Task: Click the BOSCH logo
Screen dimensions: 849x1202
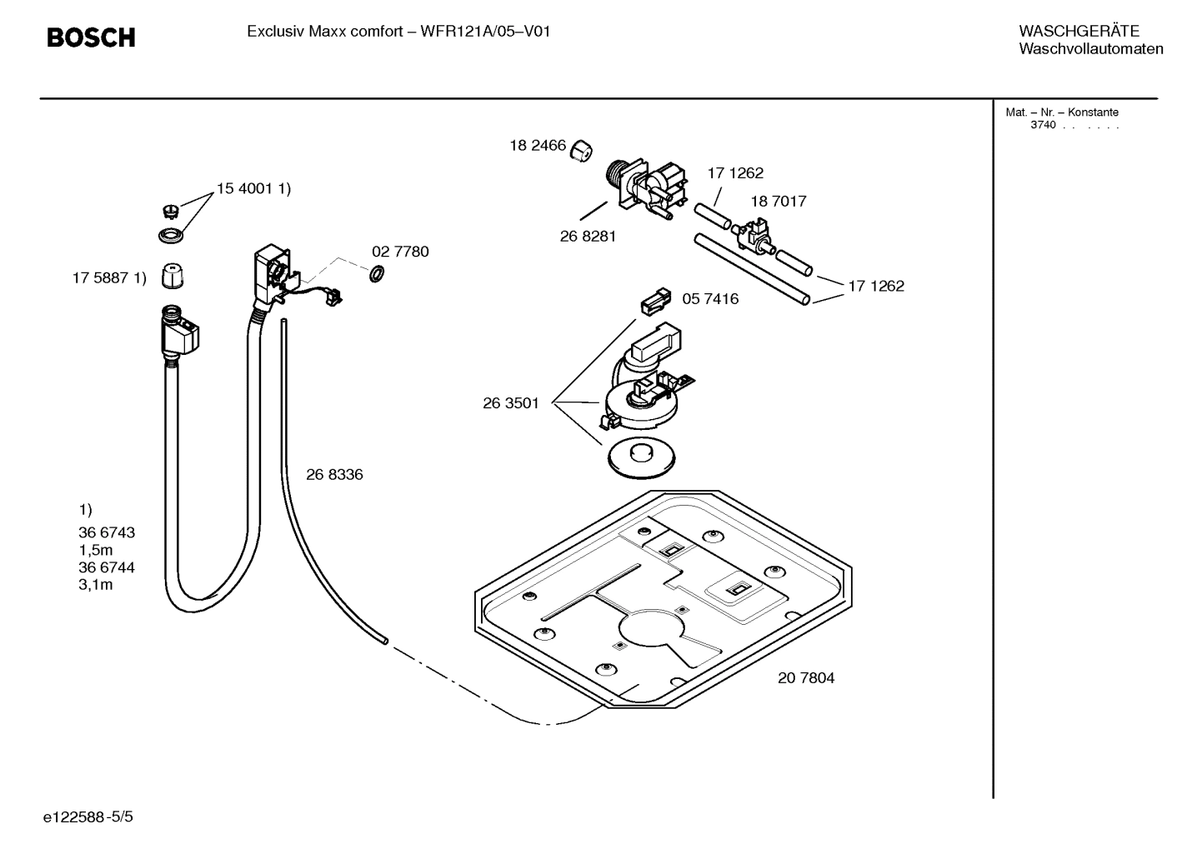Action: pyautogui.click(x=91, y=37)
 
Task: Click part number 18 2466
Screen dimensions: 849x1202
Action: pyautogui.click(x=538, y=146)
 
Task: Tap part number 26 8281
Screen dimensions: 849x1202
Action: pyautogui.click(x=588, y=237)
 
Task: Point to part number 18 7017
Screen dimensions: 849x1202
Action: pyautogui.click(x=778, y=202)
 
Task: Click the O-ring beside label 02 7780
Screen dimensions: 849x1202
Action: pyautogui.click(x=376, y=273)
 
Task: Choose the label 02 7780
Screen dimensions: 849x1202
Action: pyautogui.click(x=400, y=252)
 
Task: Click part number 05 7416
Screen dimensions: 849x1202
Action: pyautogui.click(x=710, y=299)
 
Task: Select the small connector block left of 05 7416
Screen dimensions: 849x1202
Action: pyautogui.click(x=656, y=301)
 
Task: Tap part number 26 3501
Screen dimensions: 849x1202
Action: pyautogui.click(x=511, y=403)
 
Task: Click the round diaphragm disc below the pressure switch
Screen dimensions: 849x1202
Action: pyautogui.click(x=641, y=457)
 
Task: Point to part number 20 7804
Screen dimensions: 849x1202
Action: pyautogui.click(x=806, y=678)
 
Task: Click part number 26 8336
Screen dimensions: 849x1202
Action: pyautogui.click(x=334, y=475)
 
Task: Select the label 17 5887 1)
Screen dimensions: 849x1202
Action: pyautogui.click(x=109, y=278)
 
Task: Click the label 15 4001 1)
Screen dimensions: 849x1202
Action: pyautogui.click(x=253, y=189)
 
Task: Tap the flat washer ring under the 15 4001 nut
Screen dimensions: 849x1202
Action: pyautogui.click(x=171, y=236)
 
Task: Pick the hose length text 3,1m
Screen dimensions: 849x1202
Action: pyautogui.click(x=96, y=585)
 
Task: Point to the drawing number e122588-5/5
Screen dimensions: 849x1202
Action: pyautogui.click(x=88, y=817)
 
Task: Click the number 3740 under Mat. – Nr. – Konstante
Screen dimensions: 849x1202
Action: pyautogui.click(x=1043, y=126)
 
